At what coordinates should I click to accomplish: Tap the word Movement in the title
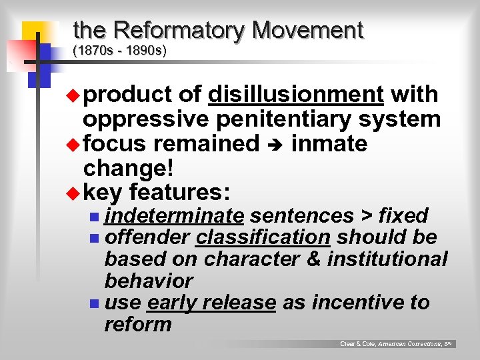coord(308,31)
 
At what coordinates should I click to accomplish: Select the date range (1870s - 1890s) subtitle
coord(119,51)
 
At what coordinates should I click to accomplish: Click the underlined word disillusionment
coord(295,95)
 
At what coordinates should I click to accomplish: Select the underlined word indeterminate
coord(174,216)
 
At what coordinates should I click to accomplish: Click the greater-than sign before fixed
coord(367,216)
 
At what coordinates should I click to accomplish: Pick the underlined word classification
coord(263,237)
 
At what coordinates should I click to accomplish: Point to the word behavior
coord(149,281)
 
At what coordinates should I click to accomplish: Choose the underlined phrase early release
coord(211,303)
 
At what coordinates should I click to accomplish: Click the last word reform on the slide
coord(138,325)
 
